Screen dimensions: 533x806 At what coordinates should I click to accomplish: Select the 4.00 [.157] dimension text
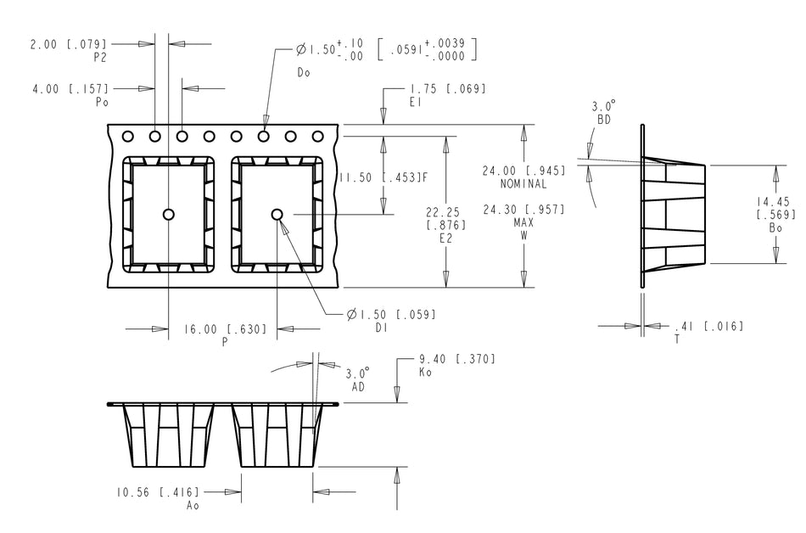pos(69,87)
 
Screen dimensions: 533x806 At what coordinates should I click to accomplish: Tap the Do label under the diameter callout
pos(304,72)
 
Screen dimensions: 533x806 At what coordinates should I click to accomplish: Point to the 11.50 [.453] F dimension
pos(382,178)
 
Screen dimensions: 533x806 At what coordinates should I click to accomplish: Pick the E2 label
pos(446,239)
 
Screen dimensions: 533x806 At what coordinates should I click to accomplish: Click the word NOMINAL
pos(523,184)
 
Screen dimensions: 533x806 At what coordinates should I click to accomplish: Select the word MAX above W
pos(523,222)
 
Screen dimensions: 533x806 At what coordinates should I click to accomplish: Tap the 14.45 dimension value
pos(775,201)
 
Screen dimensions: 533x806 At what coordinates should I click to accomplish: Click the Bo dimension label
pos(775,228)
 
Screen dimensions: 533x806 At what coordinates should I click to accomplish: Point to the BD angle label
pos(604,121)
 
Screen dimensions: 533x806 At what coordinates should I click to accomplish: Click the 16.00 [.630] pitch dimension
pos(227,329)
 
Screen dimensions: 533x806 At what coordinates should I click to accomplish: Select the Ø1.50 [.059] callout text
pos(391,315)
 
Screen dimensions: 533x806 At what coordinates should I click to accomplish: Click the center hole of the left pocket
pos(169,214)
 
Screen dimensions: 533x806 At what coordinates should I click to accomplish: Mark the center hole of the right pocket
pos(277,214)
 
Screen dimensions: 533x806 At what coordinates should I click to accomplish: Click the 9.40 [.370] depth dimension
pos(457,359)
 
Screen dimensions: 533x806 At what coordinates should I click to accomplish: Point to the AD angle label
pos(357,386)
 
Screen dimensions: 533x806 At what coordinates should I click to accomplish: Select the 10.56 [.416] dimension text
pos(158,491)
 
